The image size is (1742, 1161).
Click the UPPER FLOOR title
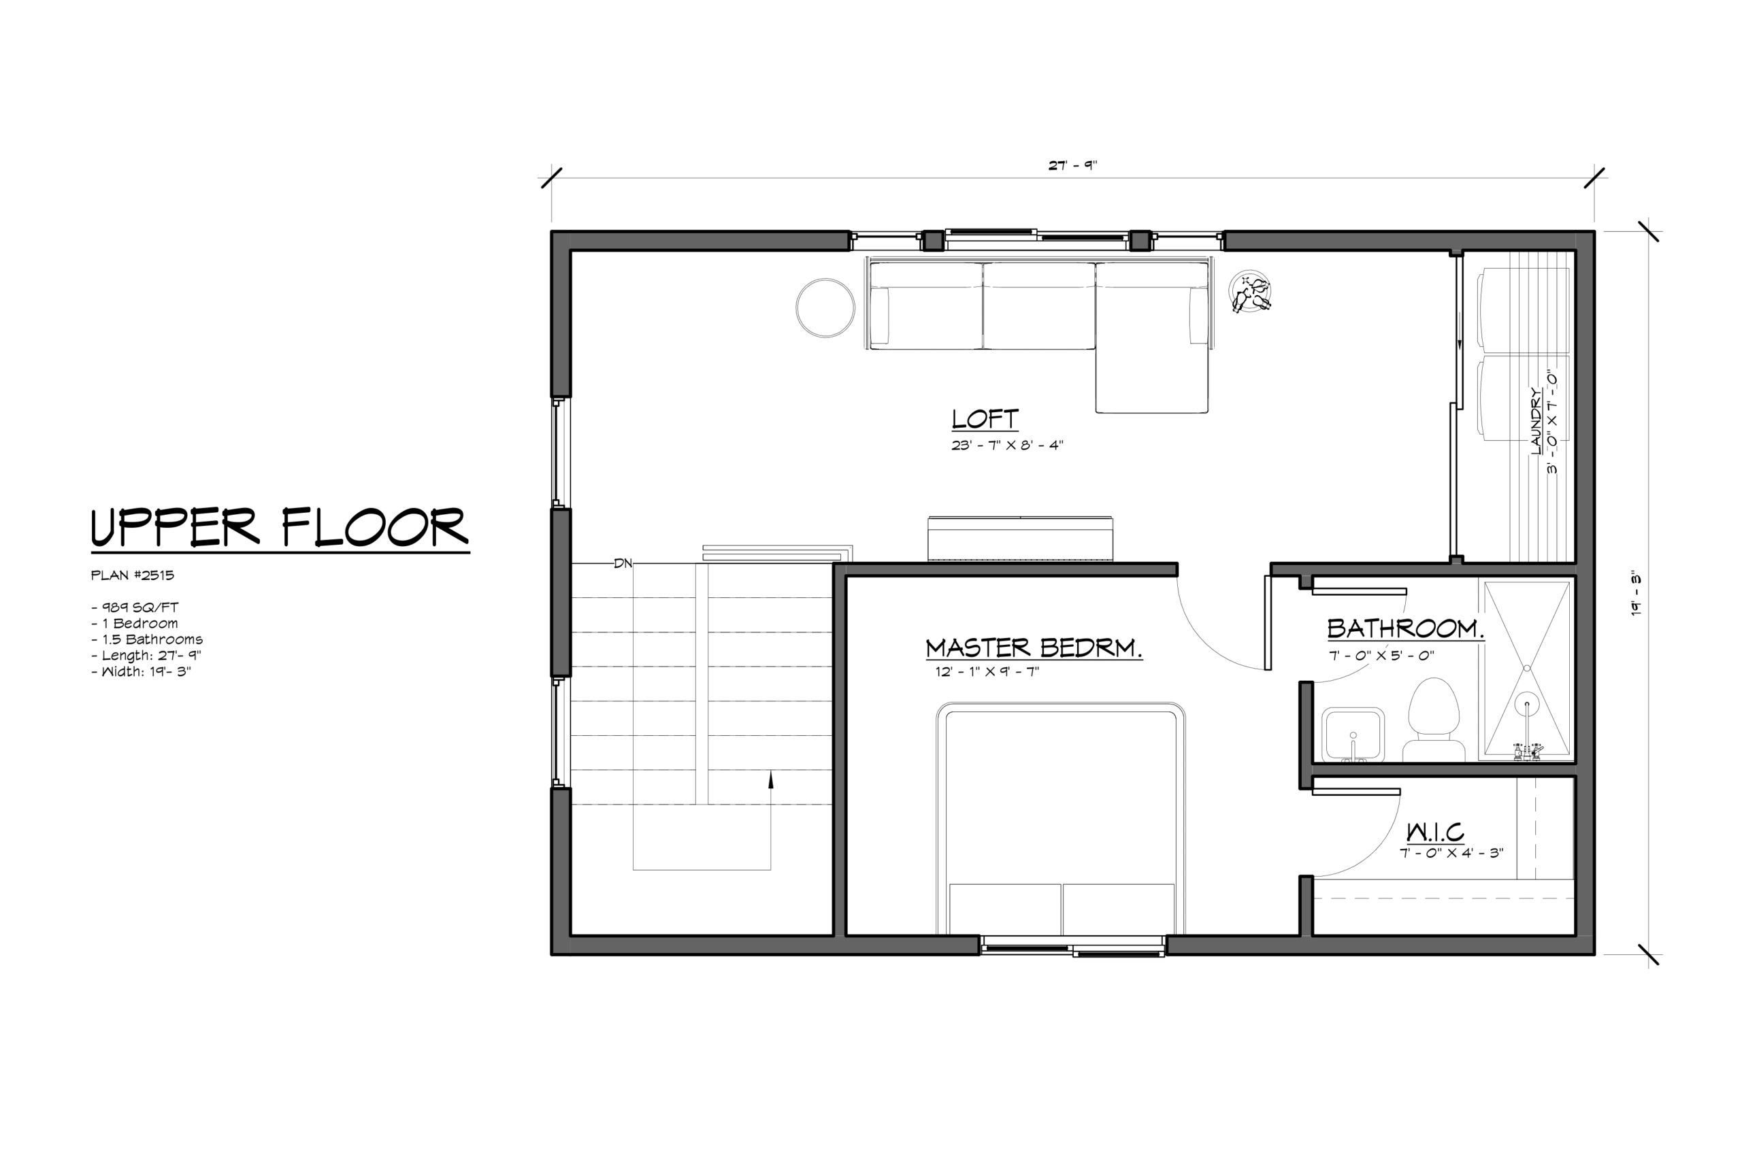pyautogui.click(x=280, y=528)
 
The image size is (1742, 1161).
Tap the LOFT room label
pyautogui.click(x=985, y=419)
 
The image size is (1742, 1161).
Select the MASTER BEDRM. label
pyautogui.click(x=1034, y=648)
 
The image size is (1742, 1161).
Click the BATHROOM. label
pyautogui.click(x=1406, y=628)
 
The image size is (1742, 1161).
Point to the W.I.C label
pyautogui.click(x=1435, y=832)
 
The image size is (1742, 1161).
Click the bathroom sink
pyautogui.click(x=1353, y=735)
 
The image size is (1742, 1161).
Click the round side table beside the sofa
pyautogui.click(x=825, y=308)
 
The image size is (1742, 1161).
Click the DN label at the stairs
pyautogui.click(x=623, y=563)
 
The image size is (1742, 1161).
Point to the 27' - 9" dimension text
pyautogui.click(x=1072, y=165)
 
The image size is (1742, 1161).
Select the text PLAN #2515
pyautogui.click(x=133, y=575)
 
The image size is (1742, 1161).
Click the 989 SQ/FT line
pyautogui.click(x=135, y=607)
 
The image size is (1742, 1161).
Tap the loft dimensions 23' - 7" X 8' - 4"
pyautogui.click(x=1007, y=445)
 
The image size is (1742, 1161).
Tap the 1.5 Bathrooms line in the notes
pyautogui.click(x=147, y=639)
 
